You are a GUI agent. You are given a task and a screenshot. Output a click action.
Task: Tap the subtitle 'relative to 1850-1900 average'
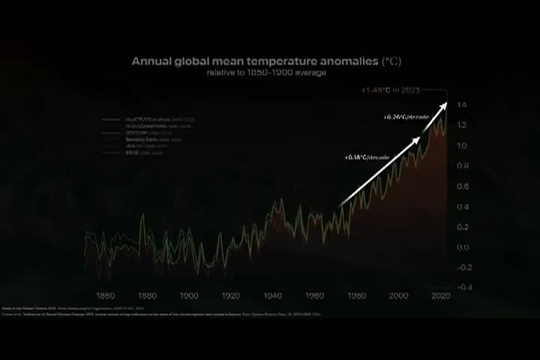point(266,73)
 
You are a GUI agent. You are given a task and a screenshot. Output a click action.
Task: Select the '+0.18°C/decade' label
point(367,157)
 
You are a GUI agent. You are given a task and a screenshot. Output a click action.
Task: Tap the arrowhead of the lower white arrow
point(416,139)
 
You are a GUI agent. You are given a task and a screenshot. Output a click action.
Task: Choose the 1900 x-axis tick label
point(189,295)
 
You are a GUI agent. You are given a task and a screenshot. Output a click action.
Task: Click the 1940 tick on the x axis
point(273,295)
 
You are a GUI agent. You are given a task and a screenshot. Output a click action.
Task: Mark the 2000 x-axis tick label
point(398,295)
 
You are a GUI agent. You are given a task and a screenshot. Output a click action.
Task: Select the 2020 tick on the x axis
point(440,295)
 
